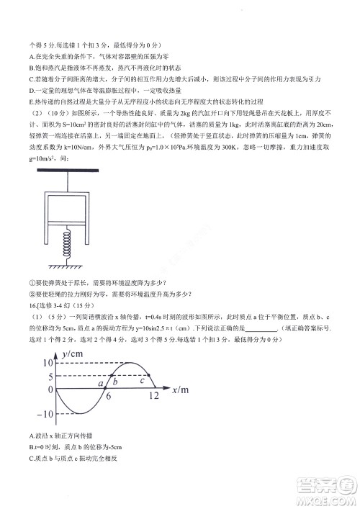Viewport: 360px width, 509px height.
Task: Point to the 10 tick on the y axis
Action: tap(48, 362)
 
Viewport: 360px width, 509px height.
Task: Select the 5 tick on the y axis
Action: tap(51, 376)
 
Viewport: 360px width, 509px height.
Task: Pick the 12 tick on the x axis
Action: tap(153, 397)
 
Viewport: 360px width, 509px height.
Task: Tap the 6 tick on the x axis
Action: tap(109, 397)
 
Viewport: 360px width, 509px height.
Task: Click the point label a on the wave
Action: tap(102, 384)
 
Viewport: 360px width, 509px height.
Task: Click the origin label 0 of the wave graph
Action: tap(51, 389)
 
